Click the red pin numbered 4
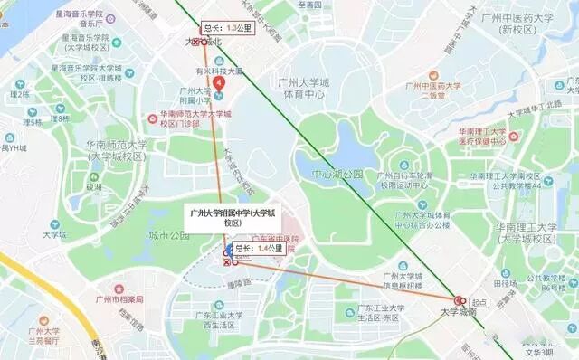pos(217,83)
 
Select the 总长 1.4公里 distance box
pos(258,247)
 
